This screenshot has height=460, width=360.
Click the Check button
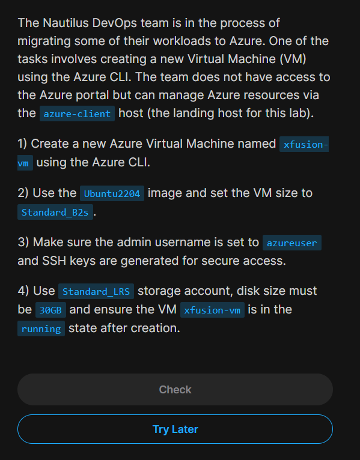click(175, 389)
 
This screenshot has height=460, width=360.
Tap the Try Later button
click(175, 429)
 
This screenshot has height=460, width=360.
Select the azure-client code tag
click(77, 113)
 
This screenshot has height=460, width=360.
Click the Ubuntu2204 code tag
click(112, 193)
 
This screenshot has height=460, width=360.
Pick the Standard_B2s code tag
click(55, 212)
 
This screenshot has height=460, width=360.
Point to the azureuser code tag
click(292, 243)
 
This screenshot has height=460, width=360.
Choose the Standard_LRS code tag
click(96, 291)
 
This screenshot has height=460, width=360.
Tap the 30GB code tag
click(50, 310)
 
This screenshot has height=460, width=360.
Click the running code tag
click(41, 328)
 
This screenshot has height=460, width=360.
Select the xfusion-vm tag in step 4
click(212, 310)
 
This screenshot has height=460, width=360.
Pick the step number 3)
click(23, 243)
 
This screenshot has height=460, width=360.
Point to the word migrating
click(44, 41)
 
